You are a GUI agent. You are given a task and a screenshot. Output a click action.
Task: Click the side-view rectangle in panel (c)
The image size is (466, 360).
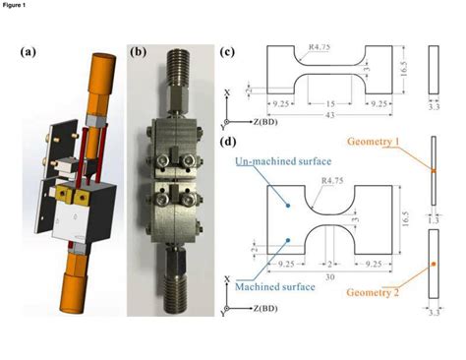(x=434, y=73)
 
